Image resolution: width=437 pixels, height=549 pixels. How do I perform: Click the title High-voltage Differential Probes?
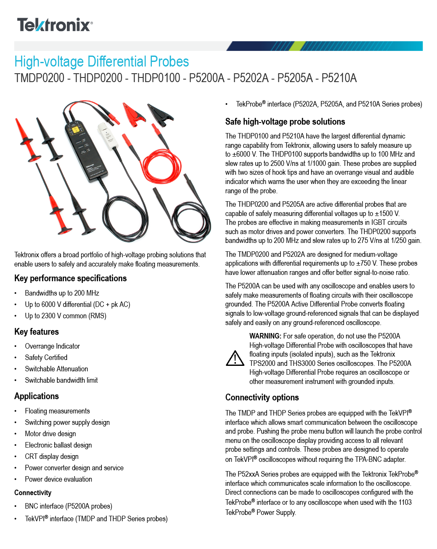click(x=101, y=62)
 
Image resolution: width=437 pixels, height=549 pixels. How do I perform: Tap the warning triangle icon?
click(x=235, y=359)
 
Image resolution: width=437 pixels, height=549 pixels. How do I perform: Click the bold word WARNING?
click(x=265, y=336)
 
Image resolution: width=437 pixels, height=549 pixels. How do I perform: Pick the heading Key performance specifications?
click(x=70, y=278)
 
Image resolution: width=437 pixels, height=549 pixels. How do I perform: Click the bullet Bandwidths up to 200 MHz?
click(x=62, y=293)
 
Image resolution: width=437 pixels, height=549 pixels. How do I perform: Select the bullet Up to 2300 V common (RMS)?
click(x=65, y=316)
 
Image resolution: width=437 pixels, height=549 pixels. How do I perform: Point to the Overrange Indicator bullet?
click(x=52, y=346)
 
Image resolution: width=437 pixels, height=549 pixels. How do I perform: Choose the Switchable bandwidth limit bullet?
click(x=61, y=380)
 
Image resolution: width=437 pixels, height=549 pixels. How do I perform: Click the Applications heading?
click(x=37, y=396)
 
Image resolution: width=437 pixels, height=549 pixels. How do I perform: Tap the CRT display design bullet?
click(x=51, y=456)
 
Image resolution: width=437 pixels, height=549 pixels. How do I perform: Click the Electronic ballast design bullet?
click(x=58, y=445)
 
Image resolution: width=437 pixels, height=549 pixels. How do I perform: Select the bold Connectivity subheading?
click(x=33, y=493)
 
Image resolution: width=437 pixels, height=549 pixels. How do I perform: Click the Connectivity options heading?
click(x=262, y=397)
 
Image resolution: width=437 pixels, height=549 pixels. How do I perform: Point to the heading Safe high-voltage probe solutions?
click(x=285, y=122)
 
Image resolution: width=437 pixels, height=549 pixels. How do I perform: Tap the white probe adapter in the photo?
click(x=109, y=136)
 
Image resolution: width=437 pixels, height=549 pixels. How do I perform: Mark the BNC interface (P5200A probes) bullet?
click(x=68, y=506)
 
